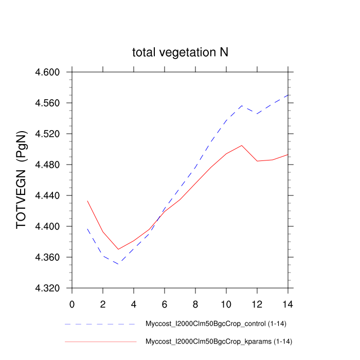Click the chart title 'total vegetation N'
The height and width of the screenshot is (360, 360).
tap(180, 52)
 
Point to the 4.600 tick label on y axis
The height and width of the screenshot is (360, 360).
tap(47, 72)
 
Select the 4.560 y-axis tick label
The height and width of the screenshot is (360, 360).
tap(47, 103)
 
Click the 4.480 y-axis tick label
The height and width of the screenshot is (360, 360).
tap(47, 165)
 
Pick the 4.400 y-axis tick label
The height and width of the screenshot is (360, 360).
tap(47, 226)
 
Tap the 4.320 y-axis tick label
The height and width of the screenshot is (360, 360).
tap(47, 288)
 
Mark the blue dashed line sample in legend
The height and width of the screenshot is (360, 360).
tap(100, 325)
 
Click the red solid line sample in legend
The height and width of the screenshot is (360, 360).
tap(100, 341)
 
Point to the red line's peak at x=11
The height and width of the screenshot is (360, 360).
tap(242, 145)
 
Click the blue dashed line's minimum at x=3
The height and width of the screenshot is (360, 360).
tap(118, 264)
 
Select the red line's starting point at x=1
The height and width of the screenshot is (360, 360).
tap(87, 201)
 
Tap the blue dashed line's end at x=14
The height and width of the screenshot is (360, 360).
tap(288, 95)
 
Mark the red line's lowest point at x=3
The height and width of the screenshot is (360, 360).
tap(118, 249)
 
